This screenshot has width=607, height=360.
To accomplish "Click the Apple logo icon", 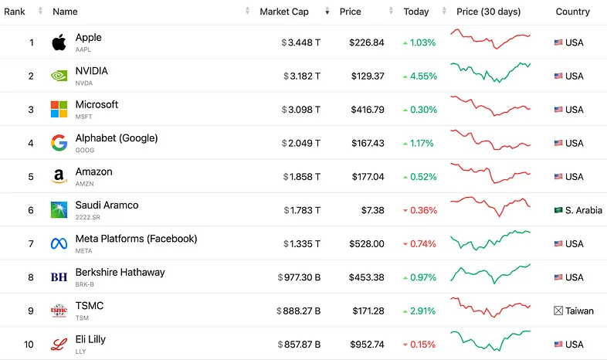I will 59,42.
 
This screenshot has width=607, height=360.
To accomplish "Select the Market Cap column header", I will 285,12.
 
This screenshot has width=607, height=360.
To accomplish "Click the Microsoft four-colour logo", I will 59,110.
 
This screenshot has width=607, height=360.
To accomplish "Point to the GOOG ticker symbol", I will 85,151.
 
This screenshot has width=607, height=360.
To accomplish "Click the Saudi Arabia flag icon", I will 558,210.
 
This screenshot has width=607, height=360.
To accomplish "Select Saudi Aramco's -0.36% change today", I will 420,210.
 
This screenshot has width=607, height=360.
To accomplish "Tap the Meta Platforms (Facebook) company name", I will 136,239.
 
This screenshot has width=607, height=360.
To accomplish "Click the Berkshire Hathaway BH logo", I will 59,277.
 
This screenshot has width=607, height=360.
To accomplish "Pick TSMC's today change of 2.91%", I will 420,311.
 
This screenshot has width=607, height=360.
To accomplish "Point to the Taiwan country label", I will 579,311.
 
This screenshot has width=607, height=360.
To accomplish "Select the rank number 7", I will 31,243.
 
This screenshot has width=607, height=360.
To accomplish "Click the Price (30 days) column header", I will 488,12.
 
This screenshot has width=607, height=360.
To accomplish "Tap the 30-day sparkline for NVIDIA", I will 490,73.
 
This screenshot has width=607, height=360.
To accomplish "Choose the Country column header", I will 572,12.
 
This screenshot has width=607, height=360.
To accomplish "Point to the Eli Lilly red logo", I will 59,344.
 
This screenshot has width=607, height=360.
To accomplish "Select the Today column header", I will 415,12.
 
